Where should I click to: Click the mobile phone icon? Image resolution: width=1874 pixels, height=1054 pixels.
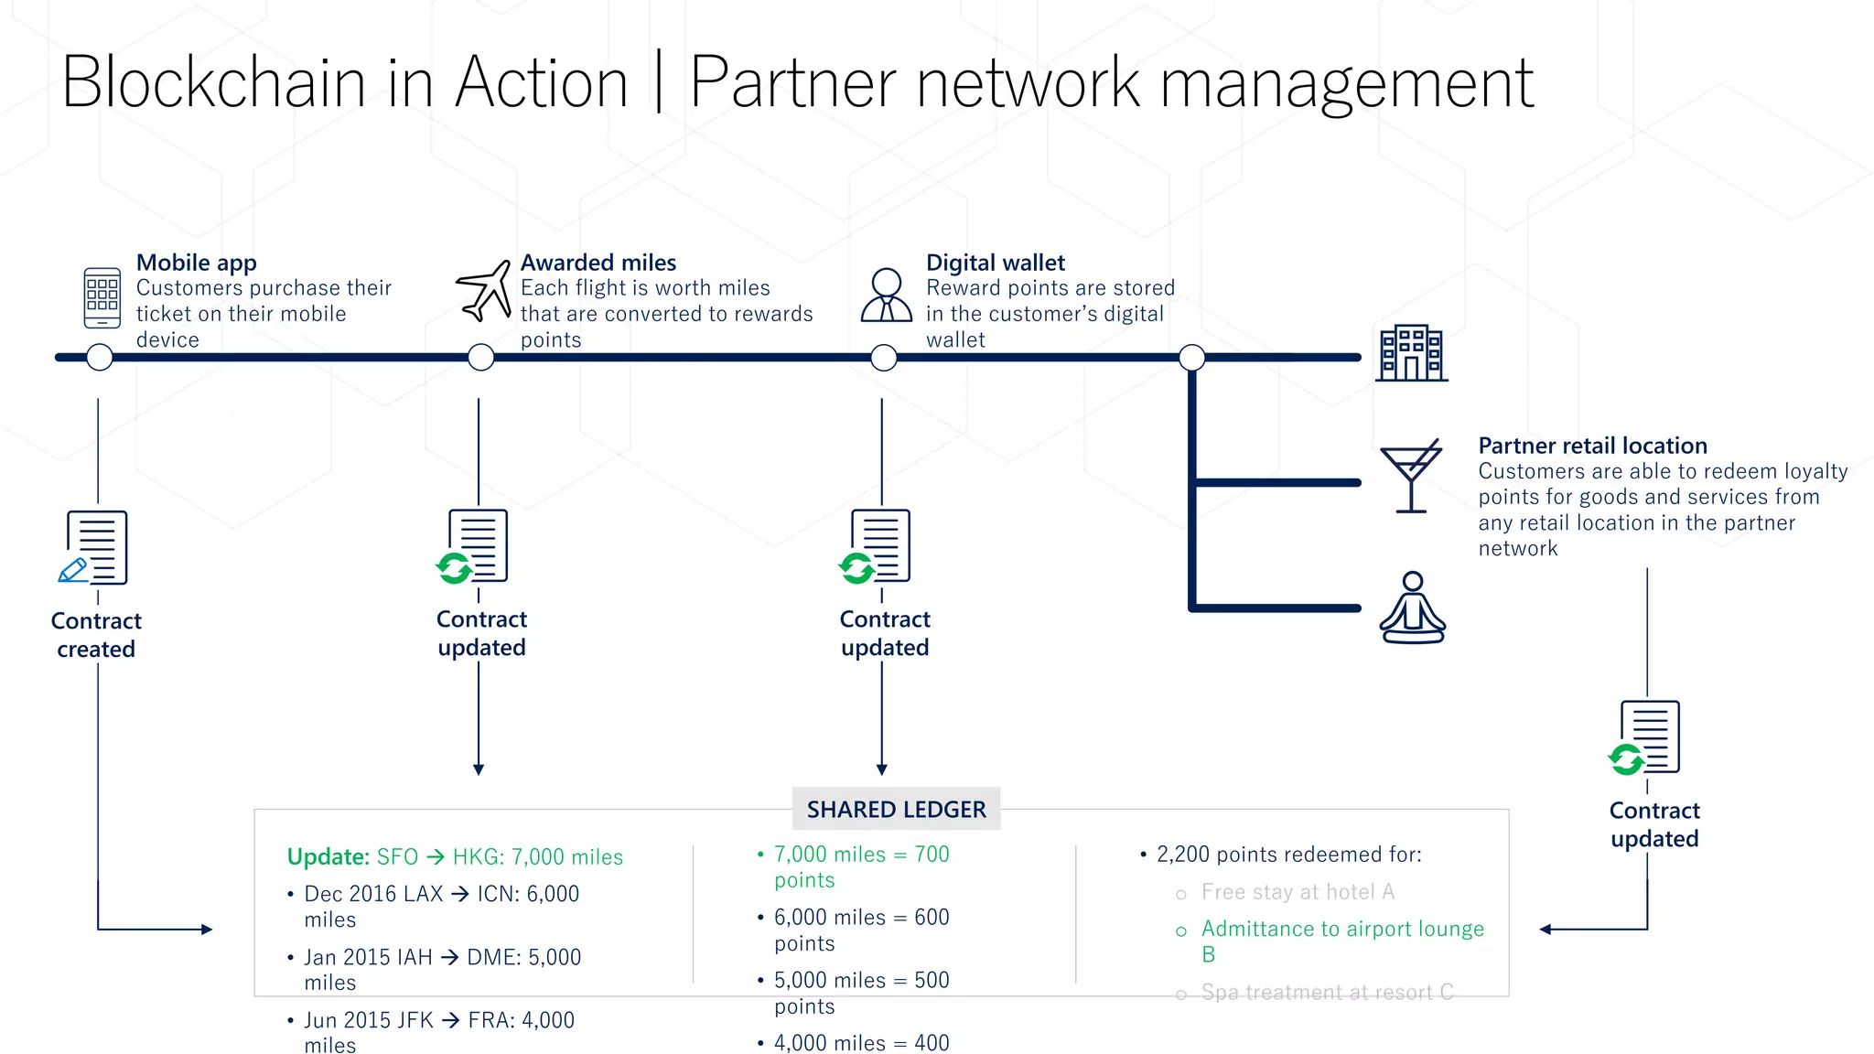point(102,297)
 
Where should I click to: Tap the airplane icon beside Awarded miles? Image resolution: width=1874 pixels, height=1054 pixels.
point(484,291)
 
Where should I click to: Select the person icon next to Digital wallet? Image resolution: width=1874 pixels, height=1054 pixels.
point(886,295)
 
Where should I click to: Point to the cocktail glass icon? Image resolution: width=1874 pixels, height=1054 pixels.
point(1411,475)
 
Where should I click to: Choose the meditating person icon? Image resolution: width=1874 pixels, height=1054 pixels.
point(1412,608)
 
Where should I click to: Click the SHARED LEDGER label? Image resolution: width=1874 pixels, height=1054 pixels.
point(896,810)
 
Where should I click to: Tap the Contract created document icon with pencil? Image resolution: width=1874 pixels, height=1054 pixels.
point(95,547)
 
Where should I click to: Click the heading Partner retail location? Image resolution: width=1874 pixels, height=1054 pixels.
point(1592,446)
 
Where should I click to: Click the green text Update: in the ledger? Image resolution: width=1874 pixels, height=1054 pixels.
point(328,857)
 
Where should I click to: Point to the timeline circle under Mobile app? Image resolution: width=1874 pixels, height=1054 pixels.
point(100,357)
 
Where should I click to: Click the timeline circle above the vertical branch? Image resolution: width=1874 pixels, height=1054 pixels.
point(1191,357)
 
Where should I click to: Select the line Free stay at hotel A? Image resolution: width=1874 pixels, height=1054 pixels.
point(1298,892)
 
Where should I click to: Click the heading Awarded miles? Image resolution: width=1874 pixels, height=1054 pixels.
point(598,263)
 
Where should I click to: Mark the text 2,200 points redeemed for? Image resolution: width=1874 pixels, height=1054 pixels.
point(1288,855)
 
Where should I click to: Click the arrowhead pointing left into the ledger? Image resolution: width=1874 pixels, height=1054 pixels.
point(1546,930)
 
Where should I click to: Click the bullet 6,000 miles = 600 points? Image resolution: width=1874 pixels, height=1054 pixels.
point(860,930)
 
